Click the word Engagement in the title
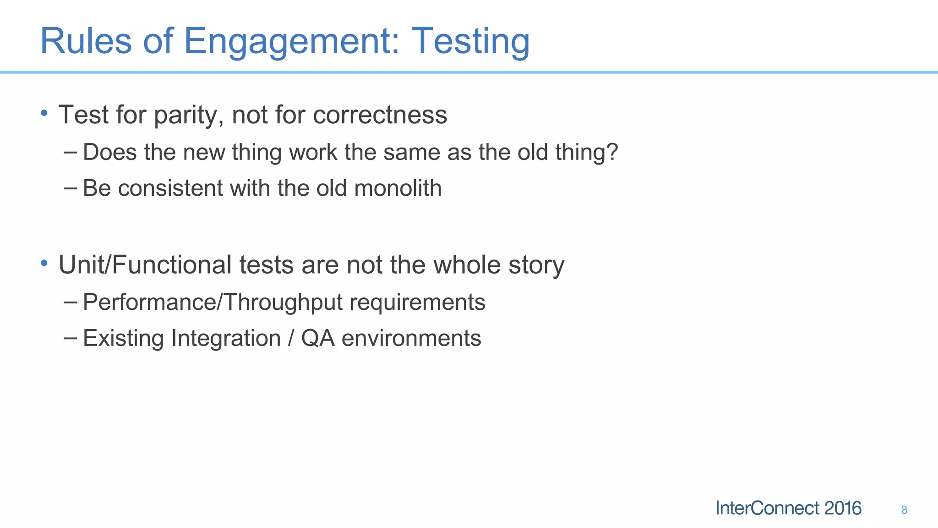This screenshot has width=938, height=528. click(x=291, y=41)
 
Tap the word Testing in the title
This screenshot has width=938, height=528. click(x=470, y=41)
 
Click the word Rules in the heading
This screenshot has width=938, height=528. click(x=86, y=41)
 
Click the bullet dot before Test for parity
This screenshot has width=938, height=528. click(x=44, y=113)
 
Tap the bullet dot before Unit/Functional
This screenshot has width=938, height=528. click(x=44, y=263)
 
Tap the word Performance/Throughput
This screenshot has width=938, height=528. click(x=213, y=302)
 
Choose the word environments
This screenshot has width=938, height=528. click(x=411, y=338)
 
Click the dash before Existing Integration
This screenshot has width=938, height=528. click(x=71, y=338)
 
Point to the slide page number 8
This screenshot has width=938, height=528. click(x=904, y=510)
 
